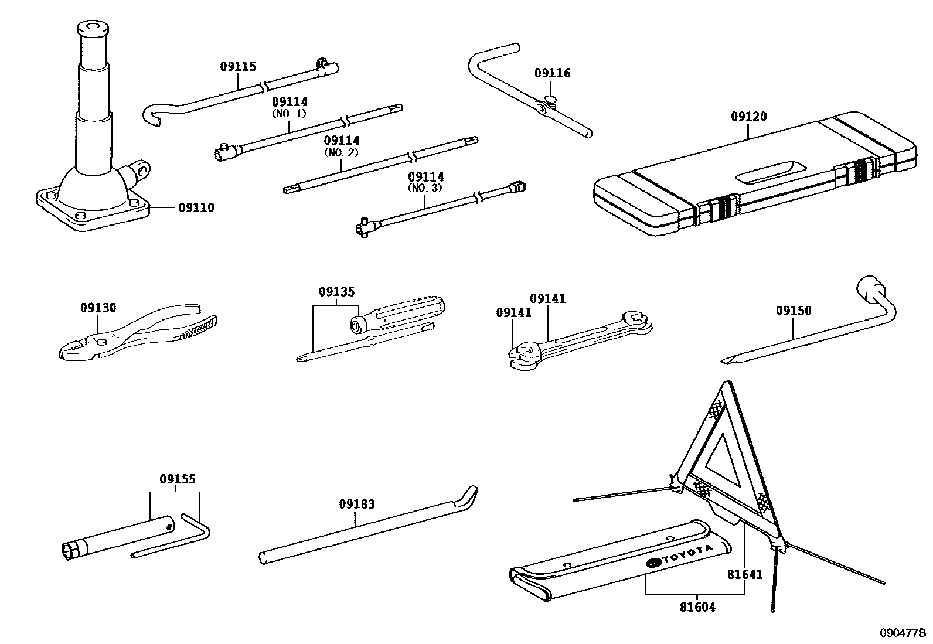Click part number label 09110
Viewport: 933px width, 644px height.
196,208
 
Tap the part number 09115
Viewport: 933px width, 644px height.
238,67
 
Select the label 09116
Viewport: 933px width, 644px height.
552,73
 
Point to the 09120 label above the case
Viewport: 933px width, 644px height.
748,117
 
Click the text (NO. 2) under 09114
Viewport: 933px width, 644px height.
341,152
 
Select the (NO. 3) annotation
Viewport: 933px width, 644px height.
425,188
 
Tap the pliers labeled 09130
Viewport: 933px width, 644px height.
135,337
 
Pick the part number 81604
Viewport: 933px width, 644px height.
697,608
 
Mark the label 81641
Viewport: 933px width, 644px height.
745,575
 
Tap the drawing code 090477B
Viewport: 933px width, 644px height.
902,633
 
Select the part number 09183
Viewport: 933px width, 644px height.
357,504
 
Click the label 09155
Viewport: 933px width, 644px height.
178,479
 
